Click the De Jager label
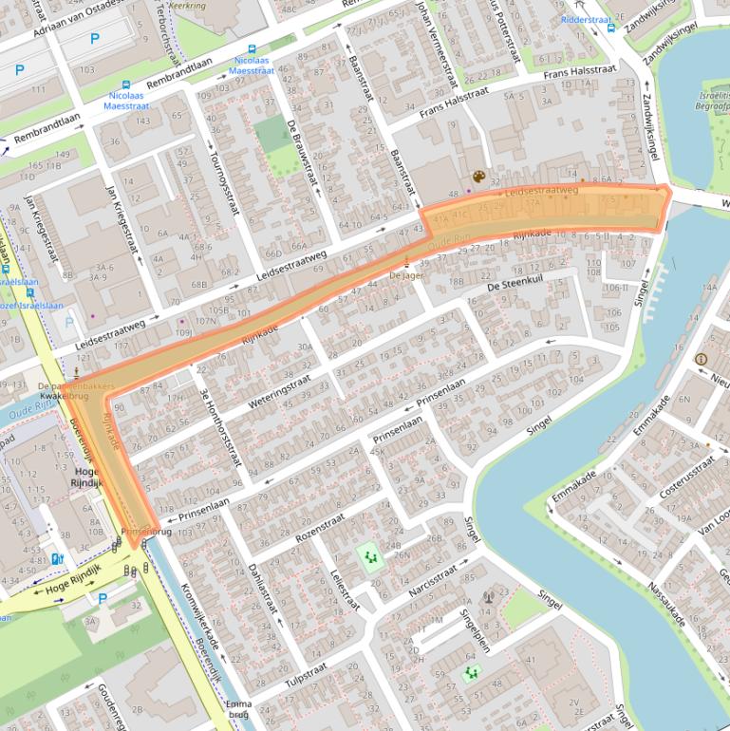(405, 274)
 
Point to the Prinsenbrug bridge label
(145, 532)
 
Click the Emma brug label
(239, 709)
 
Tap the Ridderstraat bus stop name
(587, 19)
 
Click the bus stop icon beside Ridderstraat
(611, 28)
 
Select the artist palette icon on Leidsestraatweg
(478, 177)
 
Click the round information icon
(701, 359)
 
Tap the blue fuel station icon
(58, 559)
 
